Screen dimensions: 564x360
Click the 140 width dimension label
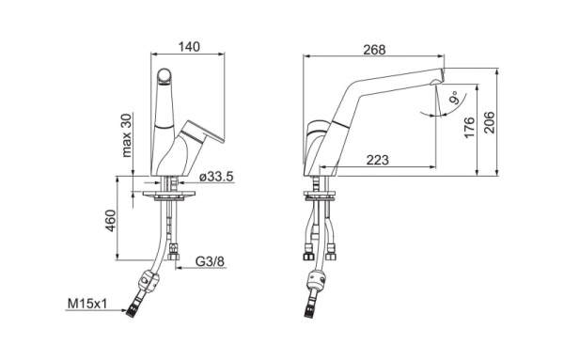coord(190,47)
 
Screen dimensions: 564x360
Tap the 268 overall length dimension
coord(374,50)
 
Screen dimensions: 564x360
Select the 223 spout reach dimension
coord(378,160)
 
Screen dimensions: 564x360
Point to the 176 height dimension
coord(469,127)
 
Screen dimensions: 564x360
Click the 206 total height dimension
coord(489,122)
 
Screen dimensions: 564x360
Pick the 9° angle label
coord(455,97)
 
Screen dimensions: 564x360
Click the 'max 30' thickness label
coord(127,135)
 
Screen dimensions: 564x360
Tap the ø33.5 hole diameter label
coord(217,177)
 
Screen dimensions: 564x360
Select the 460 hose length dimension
coord(111,221)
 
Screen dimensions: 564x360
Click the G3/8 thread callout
coord(210,261)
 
